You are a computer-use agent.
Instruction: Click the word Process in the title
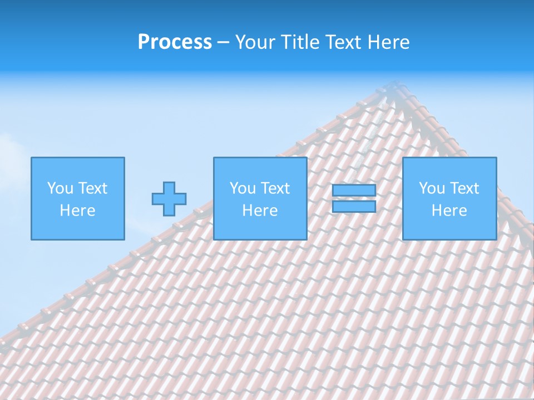pyautogui.click(x=175, y=42)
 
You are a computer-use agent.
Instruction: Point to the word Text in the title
pyautogui.click(x=345, y=42)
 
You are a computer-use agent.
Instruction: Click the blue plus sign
pyautogui.click(x=169, y=199)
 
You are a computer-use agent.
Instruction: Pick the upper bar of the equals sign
pyautogui.click(x=354, y=191)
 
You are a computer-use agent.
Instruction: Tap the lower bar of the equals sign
pyautogui.click(x=354, y=207)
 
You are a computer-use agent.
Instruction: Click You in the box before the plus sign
pyautogui.click(x=60, y=188)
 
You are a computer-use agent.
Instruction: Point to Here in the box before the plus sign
pyautogui.click(x=77, y=211)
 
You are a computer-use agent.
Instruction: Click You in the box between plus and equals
pyautogui.click(x=243, y=188)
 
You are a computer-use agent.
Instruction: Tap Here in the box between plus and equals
pyautogui.click(x=260, y=211)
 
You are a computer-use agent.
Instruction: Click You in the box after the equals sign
pyautogui.click(x=432, y=188)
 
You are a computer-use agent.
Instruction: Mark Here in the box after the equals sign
pyautogui.click(x=449, y=211)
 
